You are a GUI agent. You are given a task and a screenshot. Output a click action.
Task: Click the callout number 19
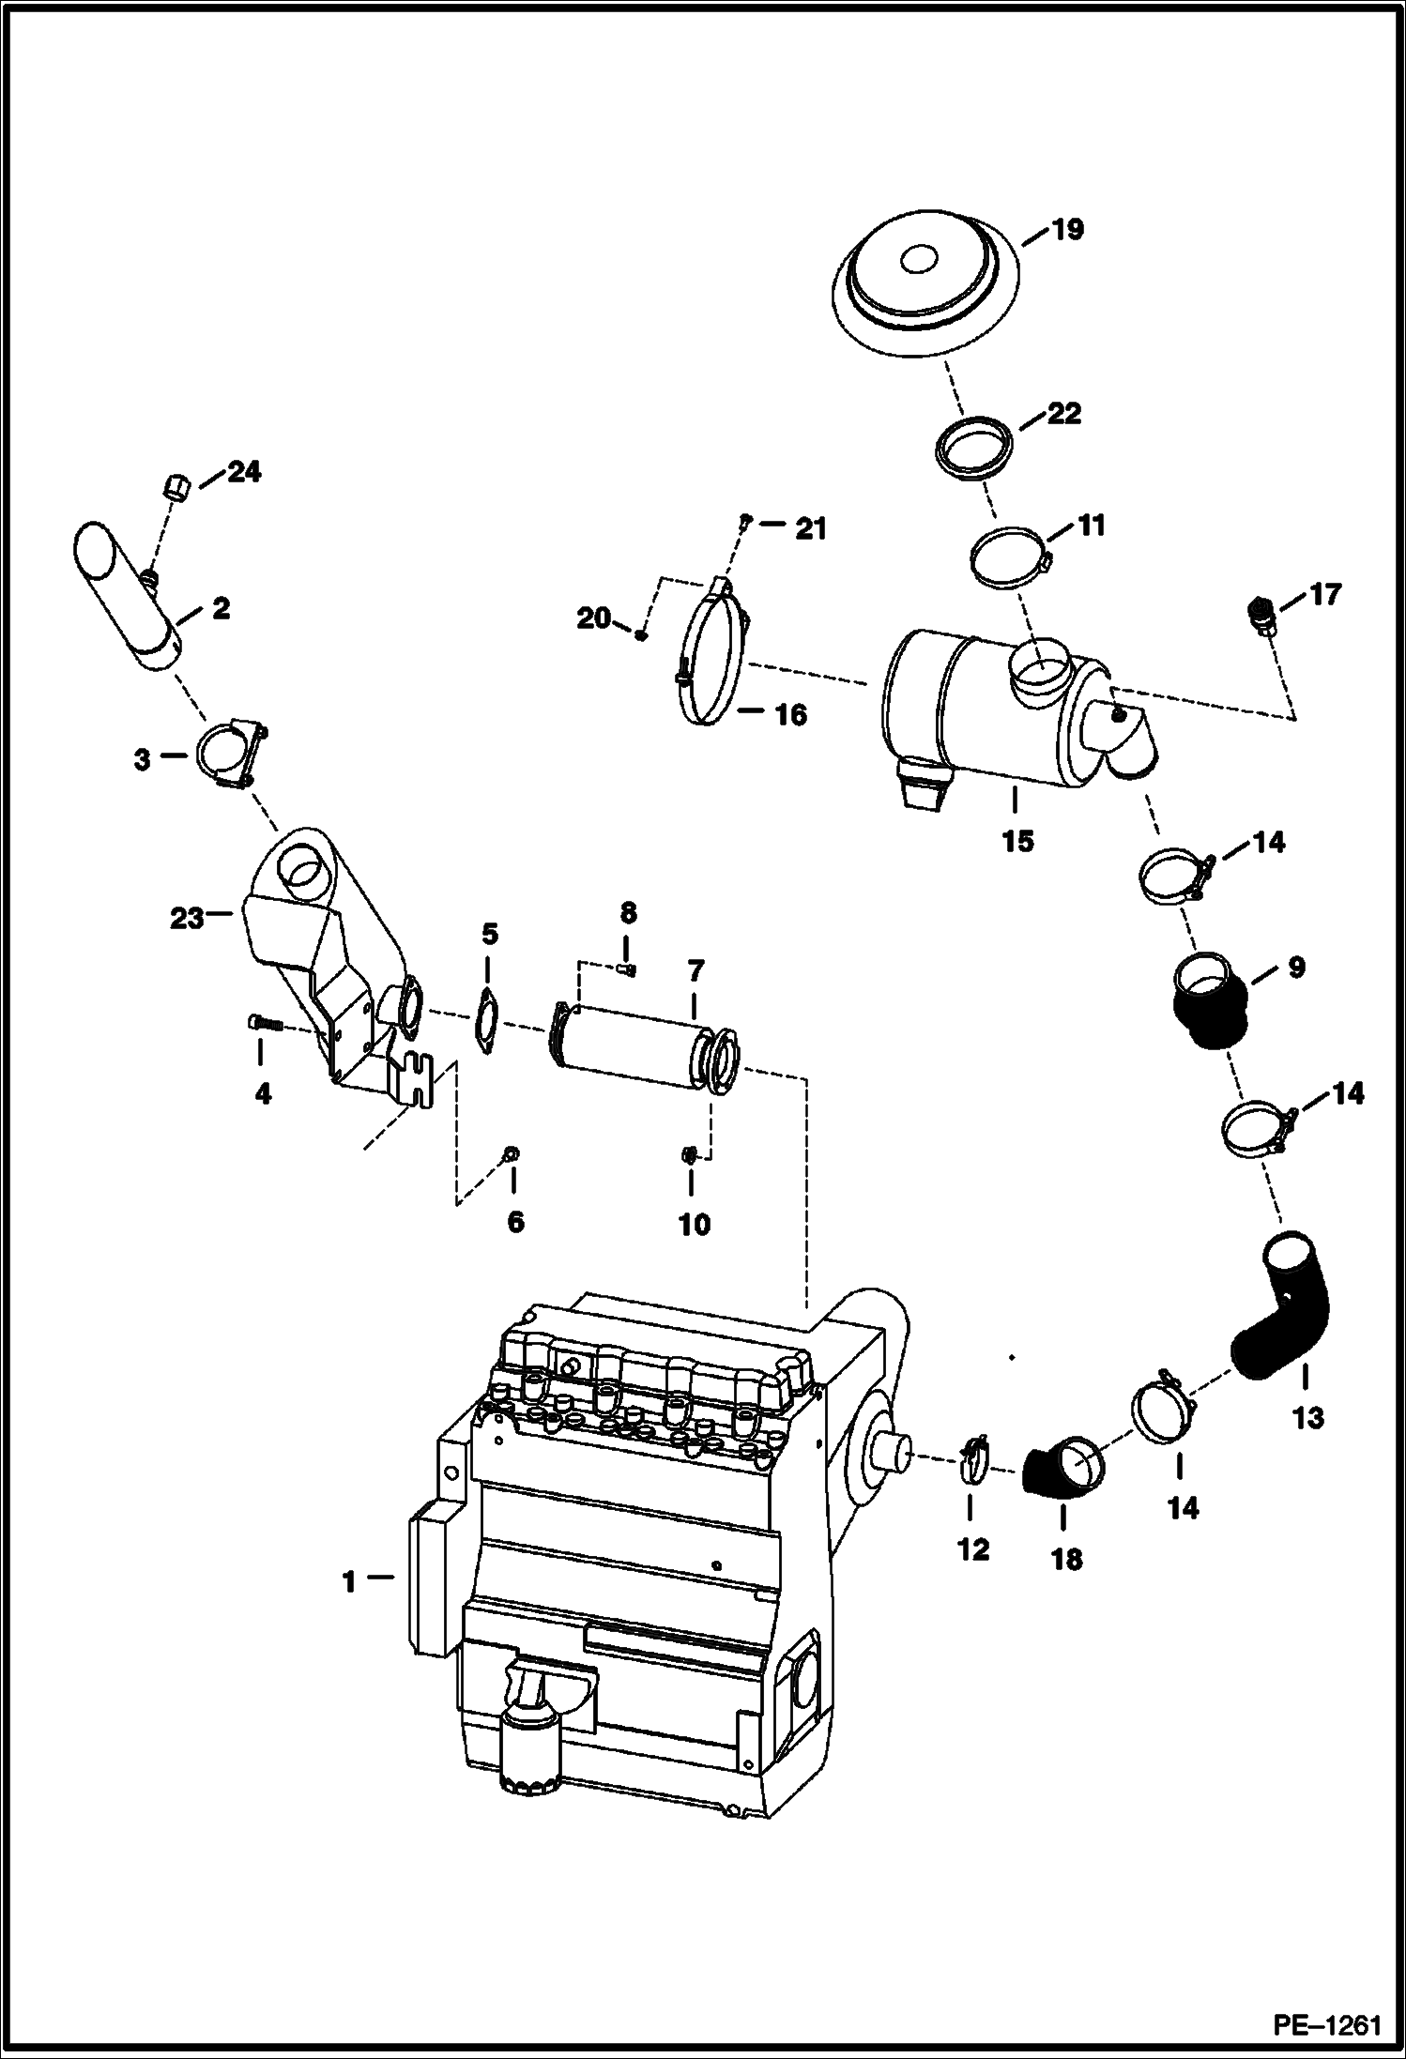(x=1066, y=230)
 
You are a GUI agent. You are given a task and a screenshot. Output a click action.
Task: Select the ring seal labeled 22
(x=975, y=450)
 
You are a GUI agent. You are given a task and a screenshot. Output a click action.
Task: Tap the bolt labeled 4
(x=266, y=1024)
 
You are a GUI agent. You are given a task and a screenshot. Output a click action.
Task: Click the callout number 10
(x=695, y=1224)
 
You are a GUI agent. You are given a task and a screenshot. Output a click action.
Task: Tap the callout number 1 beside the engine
(x=348, y=1582)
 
